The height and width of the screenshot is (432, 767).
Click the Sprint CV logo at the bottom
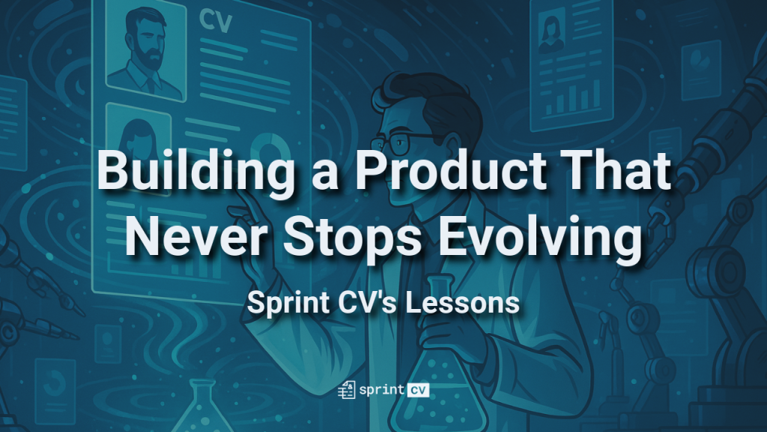[x=383, y=390]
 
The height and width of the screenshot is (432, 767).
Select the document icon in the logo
[x=347, y=390]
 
